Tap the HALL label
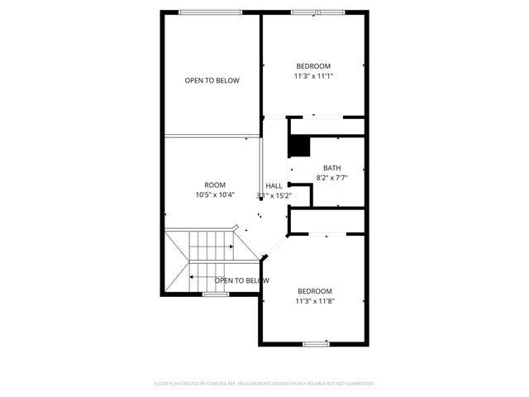click(274, 185)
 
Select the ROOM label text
click(215, 184)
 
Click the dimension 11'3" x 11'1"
click(314, 76)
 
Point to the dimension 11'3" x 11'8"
click(314, 301)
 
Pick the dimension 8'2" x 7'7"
click(331, 176)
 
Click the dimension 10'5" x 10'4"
click(215, 195)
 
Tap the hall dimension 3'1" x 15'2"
click(274, 195)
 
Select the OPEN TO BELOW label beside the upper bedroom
click(212, 80)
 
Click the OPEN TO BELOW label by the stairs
click(242, 280)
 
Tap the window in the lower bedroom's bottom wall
click(315, 343)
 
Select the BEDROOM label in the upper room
click(314, 66)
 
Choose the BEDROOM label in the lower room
click(314, 291)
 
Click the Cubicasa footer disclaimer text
click(264, 384)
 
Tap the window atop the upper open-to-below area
click(212, 12)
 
